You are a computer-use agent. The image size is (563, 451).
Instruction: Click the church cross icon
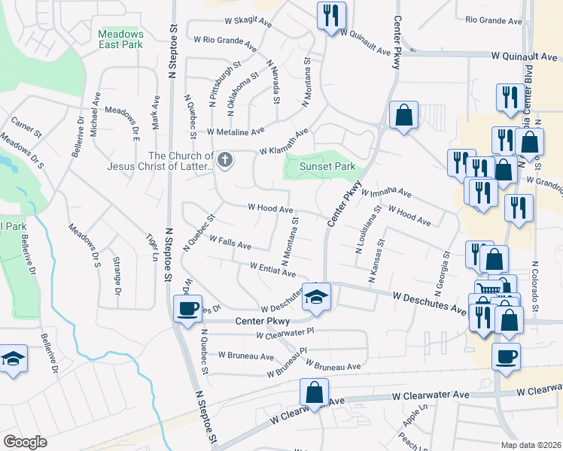(224, 159)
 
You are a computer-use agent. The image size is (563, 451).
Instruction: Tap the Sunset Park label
(327, 166)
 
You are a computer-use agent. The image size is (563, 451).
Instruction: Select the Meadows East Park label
(120, 39)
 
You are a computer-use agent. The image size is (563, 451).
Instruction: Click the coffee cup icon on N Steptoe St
(187, 307)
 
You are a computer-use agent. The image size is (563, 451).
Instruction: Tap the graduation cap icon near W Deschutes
(317, 295)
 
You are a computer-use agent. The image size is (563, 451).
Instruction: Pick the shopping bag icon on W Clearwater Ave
(314, 392)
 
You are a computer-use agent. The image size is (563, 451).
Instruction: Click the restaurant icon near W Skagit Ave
(330, 15)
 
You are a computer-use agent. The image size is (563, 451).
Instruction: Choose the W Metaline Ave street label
(236, 131)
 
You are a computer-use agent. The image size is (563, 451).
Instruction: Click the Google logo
(25, 442)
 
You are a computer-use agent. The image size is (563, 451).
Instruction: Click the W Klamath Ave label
(284, 142)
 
